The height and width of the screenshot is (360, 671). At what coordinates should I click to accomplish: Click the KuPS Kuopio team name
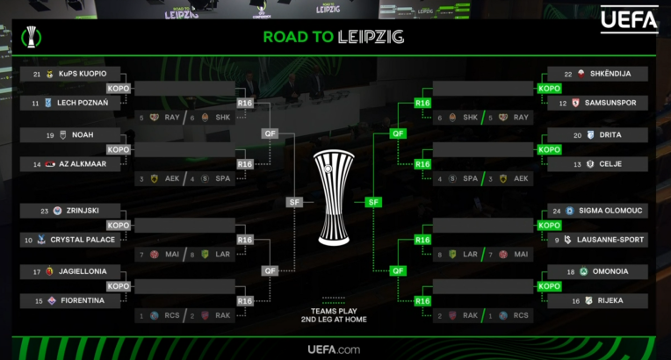pyautogui.click(x=83, y=74)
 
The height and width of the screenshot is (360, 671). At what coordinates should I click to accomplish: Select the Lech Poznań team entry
pyautogui.click(x=83, y=103)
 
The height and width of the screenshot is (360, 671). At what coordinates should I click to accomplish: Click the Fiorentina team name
pyautogui.click(x=83, y=301)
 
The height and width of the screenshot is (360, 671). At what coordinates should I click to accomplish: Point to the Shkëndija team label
pyautogui.click(x=606, y=74)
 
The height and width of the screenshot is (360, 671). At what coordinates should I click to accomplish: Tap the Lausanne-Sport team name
pyautogui.click(x=610, y=240)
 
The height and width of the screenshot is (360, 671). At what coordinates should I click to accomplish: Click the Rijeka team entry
pyautogui.click(x=601, y=301)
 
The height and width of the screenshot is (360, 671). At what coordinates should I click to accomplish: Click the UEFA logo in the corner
pyautogui.click(x=629, y=19)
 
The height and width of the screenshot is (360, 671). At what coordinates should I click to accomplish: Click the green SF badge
pyautogui.click(x=373, y=202)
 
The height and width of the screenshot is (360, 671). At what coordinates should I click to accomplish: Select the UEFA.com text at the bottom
pyautogui.click(x=334, y=349)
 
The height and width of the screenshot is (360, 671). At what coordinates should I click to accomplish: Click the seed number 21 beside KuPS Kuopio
pyautogui.click(x=37, y=74)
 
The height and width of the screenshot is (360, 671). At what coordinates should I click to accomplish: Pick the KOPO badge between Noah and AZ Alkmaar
pyautogui.click(x=119, y=149)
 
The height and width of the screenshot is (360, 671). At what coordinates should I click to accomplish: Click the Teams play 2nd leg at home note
pyautogui.click(x=335, y=314)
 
